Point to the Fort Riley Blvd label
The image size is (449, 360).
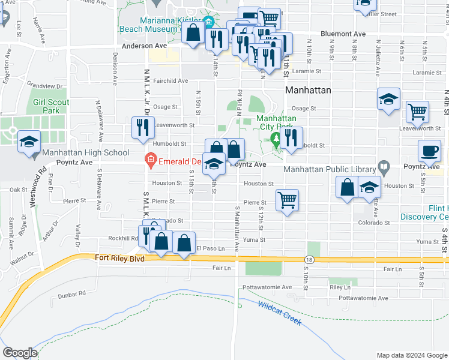coord(120,258)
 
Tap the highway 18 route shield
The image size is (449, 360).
coord(309,260)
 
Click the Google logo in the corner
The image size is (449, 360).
coord(19,353)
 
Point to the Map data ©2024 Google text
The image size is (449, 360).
coord(411,355)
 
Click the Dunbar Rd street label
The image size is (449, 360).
coord(72,295)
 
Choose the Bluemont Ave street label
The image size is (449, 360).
coord(343,34)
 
